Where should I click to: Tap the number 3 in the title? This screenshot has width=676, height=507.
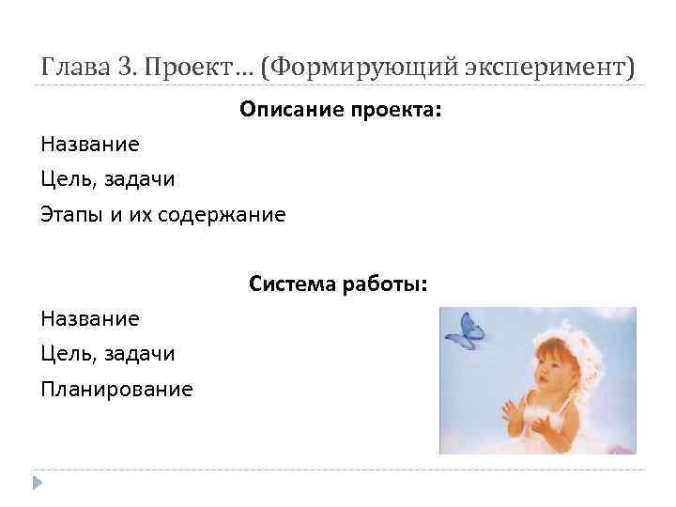(x=127, y=68)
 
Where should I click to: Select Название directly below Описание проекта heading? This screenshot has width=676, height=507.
(x=90, y=145)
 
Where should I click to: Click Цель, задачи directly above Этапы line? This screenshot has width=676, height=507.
(x=108, y=179)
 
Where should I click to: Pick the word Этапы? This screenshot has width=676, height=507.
(x=72, y=214)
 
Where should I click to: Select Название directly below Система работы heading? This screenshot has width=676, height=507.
(x=90, y=318)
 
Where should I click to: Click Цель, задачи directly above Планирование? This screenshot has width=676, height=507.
(x=108, y=353)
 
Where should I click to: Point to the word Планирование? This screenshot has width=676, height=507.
(x=116, y=388)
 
